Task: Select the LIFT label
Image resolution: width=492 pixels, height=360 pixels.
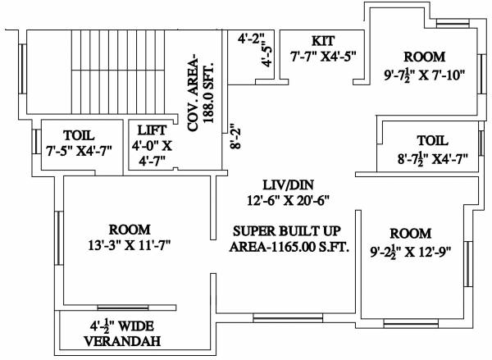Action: click(x=153, y=130)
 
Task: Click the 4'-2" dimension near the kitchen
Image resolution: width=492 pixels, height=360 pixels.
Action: click(x=252, y=38)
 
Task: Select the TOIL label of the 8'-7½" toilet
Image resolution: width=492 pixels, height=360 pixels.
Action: click(x=431, y=139)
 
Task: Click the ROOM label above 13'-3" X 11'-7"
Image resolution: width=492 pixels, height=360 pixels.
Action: click(x=129, y=228)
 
